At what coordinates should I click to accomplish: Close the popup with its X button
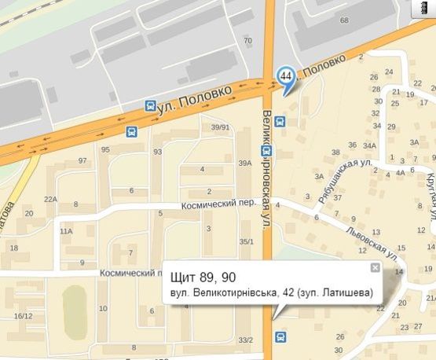coord(376,268)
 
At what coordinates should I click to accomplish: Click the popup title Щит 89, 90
coord(203,277)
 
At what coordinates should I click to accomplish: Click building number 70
coord(248,41)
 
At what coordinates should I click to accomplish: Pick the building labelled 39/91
coord(219,127)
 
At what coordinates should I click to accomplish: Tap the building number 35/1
coord(247,241)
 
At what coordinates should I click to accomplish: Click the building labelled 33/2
coord(246,340)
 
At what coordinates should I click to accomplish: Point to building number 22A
coord(51,199)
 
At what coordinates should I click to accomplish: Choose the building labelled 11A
coord(66,231)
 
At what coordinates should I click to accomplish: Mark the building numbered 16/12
coord(23,315)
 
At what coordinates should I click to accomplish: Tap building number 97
coord(82,161)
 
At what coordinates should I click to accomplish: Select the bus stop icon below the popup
coord(280,337)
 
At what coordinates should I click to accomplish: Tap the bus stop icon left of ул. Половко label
coord(151,105)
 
